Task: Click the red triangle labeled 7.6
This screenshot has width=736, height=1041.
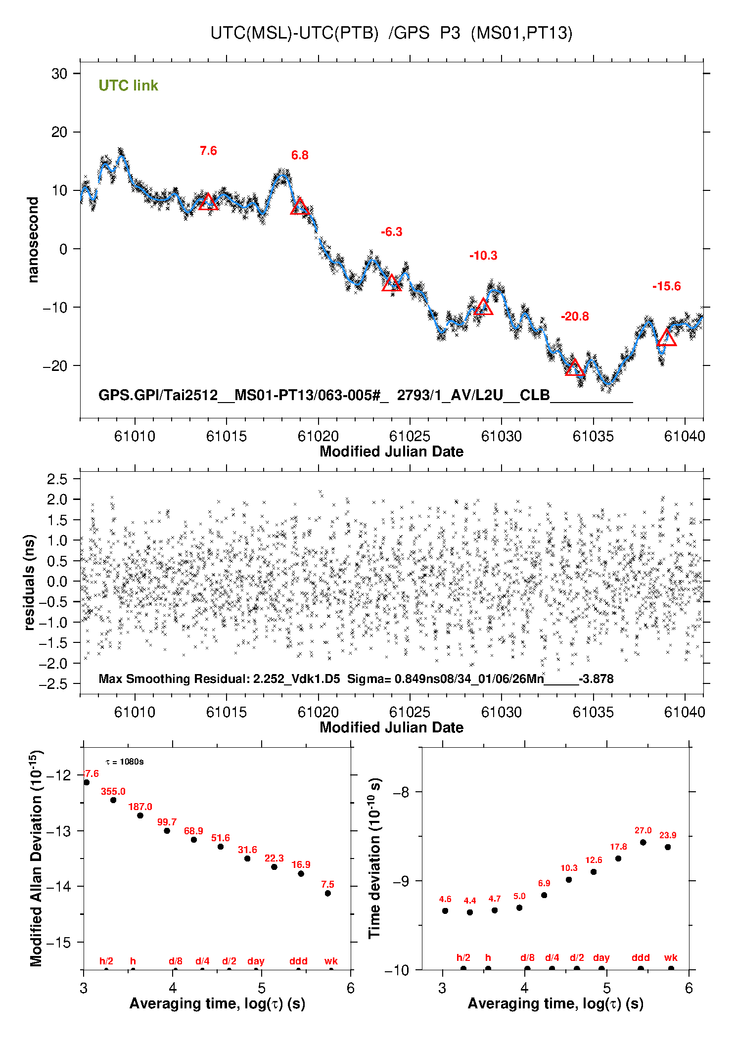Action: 208,202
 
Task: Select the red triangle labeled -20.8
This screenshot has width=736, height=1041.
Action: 574,368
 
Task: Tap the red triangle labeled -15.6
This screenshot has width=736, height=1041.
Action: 667,338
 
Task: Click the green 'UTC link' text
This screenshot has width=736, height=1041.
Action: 128,86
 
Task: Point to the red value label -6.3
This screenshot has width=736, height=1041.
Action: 391,232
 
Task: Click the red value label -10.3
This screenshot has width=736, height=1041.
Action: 483,256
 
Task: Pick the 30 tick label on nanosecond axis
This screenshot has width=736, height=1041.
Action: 59,74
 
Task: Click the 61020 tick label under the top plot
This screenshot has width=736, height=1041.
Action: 318,436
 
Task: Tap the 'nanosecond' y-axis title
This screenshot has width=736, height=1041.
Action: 33,240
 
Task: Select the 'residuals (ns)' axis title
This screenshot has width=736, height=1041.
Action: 29,582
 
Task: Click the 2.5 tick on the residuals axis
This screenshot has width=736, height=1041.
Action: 57,479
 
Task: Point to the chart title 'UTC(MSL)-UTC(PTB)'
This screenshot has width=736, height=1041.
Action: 294,33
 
